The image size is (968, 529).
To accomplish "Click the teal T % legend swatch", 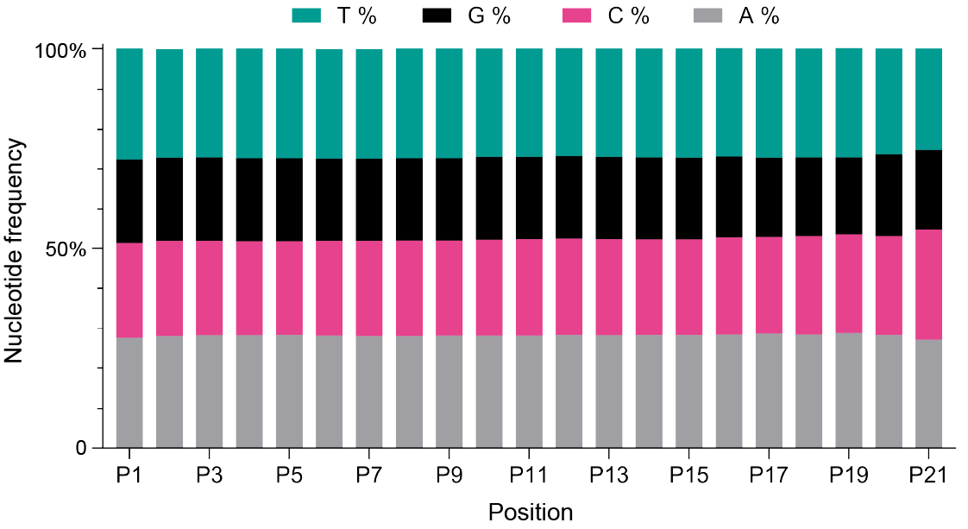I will (306, 16).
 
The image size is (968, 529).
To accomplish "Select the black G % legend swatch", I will (437, 16).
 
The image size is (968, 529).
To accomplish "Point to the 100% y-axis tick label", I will (60, 51).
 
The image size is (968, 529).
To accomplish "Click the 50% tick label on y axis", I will (66, 249).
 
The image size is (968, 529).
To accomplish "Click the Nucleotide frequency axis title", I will (16, 250).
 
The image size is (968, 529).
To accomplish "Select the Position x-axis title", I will (531, 512).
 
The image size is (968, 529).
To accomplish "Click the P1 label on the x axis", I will (129, 475).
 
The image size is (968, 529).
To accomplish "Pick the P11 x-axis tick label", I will (529, 475).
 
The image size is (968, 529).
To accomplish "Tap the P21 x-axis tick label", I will (928, 475).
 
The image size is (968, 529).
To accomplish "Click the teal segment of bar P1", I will (129, 104).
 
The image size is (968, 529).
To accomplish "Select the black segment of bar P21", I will (928, 190).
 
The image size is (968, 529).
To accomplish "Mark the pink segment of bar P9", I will (449, 288).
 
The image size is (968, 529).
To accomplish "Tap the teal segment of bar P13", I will (609, 103).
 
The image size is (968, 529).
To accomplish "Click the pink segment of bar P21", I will (928, 285).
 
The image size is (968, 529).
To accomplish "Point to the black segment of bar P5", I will (289, 199).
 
